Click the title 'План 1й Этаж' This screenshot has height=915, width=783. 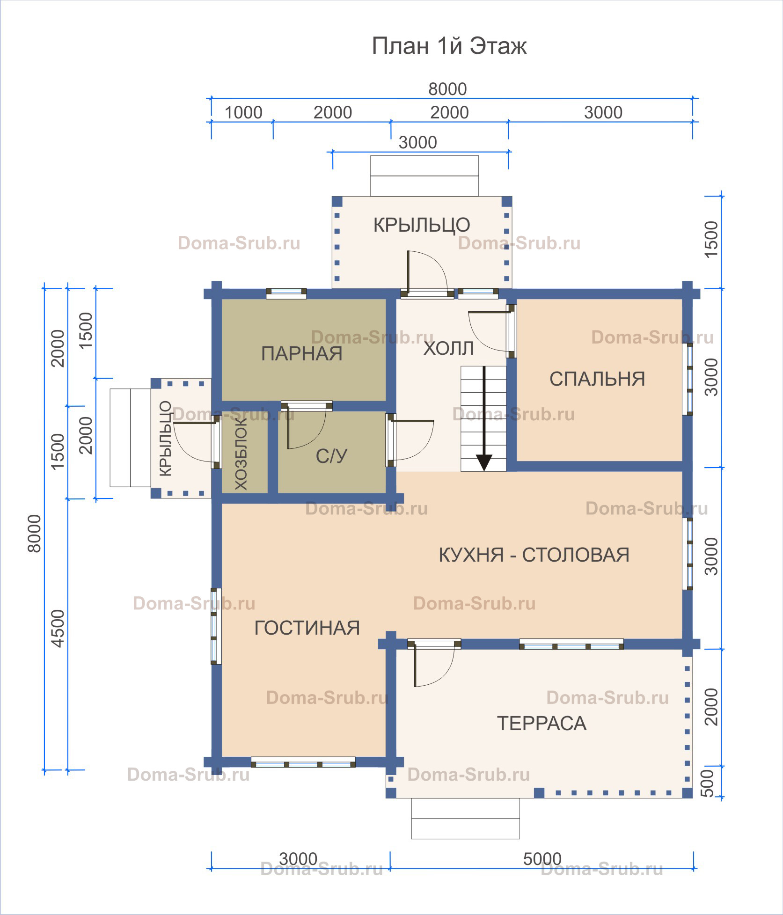449,46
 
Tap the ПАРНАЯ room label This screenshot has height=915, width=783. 302,354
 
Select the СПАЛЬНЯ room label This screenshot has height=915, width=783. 597,379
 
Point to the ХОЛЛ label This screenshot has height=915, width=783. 448,349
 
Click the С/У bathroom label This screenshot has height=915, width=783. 331,456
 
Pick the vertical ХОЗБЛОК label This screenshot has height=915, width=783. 241,454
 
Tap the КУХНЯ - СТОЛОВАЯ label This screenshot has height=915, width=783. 534,555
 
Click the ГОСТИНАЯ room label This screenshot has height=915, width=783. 307,628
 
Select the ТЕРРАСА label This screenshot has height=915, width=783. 542,724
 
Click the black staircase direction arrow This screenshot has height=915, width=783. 484,418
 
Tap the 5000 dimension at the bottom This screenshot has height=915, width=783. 542,859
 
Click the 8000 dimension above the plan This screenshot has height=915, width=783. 447,89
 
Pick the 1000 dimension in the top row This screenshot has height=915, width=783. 243,113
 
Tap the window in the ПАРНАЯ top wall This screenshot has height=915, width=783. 286,293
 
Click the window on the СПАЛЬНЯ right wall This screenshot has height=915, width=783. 687,379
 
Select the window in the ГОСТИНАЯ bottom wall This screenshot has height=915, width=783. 303,762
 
